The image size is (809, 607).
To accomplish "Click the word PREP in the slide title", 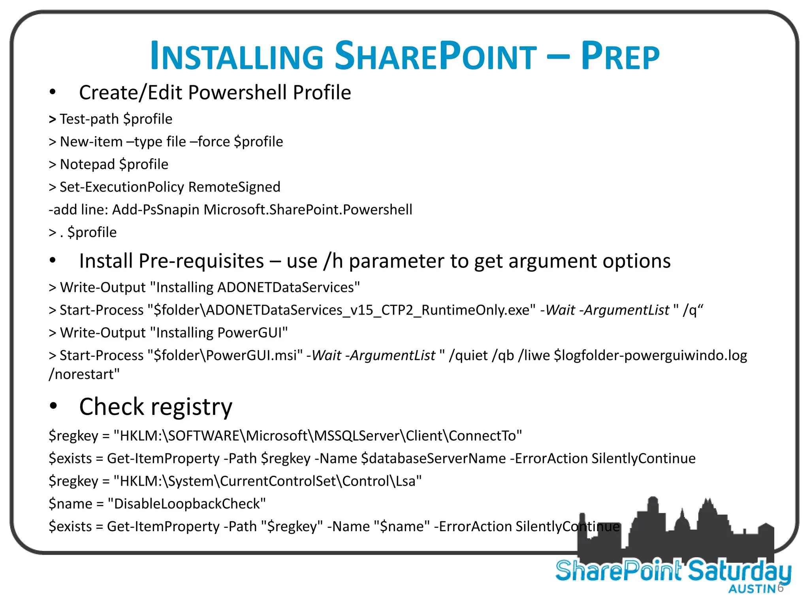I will [x=620, y=57].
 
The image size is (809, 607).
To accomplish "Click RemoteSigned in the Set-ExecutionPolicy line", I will [x=234, y=187].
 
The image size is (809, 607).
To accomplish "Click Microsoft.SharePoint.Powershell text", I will [x=308, y=210].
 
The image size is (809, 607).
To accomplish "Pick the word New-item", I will [x=91, y=142].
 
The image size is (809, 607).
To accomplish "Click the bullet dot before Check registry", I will [x=53, y=406].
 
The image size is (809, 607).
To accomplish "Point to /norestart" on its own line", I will [x=84, y=374].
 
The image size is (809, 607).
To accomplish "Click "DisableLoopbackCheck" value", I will [x=187, y=504].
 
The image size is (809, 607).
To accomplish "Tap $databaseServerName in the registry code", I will [x=433, y=458].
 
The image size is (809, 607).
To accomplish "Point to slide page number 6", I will [x=780, y=588].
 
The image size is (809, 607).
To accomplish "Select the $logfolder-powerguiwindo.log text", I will [x=650, y=356].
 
